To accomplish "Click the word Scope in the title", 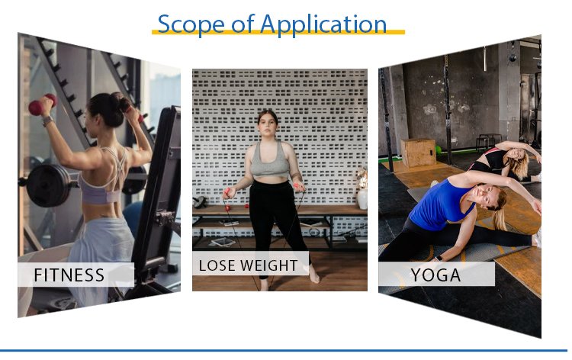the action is click(x=191, y=24).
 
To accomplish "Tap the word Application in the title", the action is click(x=323, y=25).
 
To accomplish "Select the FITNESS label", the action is click(x=69, y=275).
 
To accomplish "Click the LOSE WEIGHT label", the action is click(x=248, y=265).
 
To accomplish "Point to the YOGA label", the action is click(x=435, y=275).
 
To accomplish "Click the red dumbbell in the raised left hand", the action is click(x=42, y=104).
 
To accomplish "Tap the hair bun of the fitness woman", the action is click(x=118, y=100).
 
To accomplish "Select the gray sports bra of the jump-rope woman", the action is click(x=269, y=161).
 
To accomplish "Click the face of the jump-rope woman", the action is click(x=268, y=124).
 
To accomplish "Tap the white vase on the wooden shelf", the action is click(x=362, y=199).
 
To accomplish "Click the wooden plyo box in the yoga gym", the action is click(x=419, y=153).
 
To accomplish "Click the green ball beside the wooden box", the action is click(x=439, y=150).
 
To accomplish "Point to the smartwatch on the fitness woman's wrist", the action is click(x=47, y=121).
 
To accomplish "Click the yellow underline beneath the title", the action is click(x=278, y=33).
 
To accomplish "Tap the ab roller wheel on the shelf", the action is click(x=201, y=201).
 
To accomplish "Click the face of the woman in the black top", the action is click(x=516, y=153).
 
